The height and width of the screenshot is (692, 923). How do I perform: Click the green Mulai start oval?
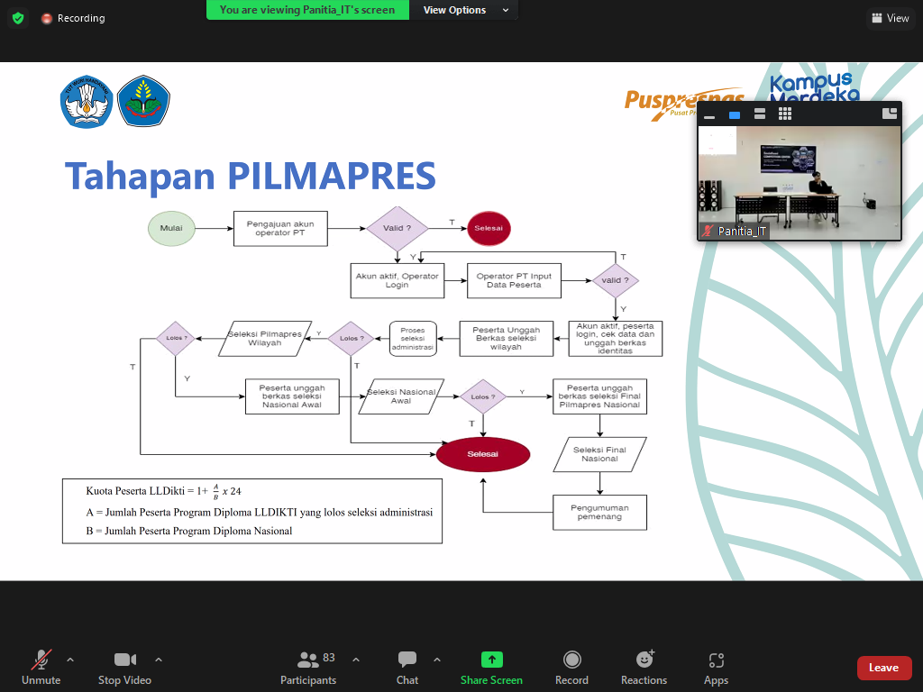coord(171,228)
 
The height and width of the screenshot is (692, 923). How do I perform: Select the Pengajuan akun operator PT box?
coord(280,228)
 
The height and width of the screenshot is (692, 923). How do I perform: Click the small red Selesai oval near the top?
coord(488,228)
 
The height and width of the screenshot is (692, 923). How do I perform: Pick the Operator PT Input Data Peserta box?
coord(514,279)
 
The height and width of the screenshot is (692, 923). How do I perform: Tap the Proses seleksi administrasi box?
coord(413,339)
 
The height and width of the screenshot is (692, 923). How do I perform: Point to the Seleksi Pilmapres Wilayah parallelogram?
coord(265,338)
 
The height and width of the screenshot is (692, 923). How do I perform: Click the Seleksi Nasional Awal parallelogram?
coord(401,396)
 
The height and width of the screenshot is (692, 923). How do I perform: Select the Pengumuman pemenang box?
coord(599,512)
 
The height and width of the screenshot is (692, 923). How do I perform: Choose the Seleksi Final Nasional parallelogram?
coord(599,454)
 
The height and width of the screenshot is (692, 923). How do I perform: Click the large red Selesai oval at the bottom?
coord(482,454)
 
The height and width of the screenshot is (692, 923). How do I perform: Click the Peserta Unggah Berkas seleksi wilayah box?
coord(506,338)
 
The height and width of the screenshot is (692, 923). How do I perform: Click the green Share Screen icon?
coord(491,660)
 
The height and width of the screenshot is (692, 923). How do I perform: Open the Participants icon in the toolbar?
coord(308,660)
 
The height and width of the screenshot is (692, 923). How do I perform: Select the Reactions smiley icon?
coord(644,660)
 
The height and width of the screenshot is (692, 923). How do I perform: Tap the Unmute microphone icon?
coord(41,660)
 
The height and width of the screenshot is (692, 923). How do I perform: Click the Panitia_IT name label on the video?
coord(742,232)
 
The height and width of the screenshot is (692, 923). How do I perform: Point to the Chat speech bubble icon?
coord(407,660)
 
